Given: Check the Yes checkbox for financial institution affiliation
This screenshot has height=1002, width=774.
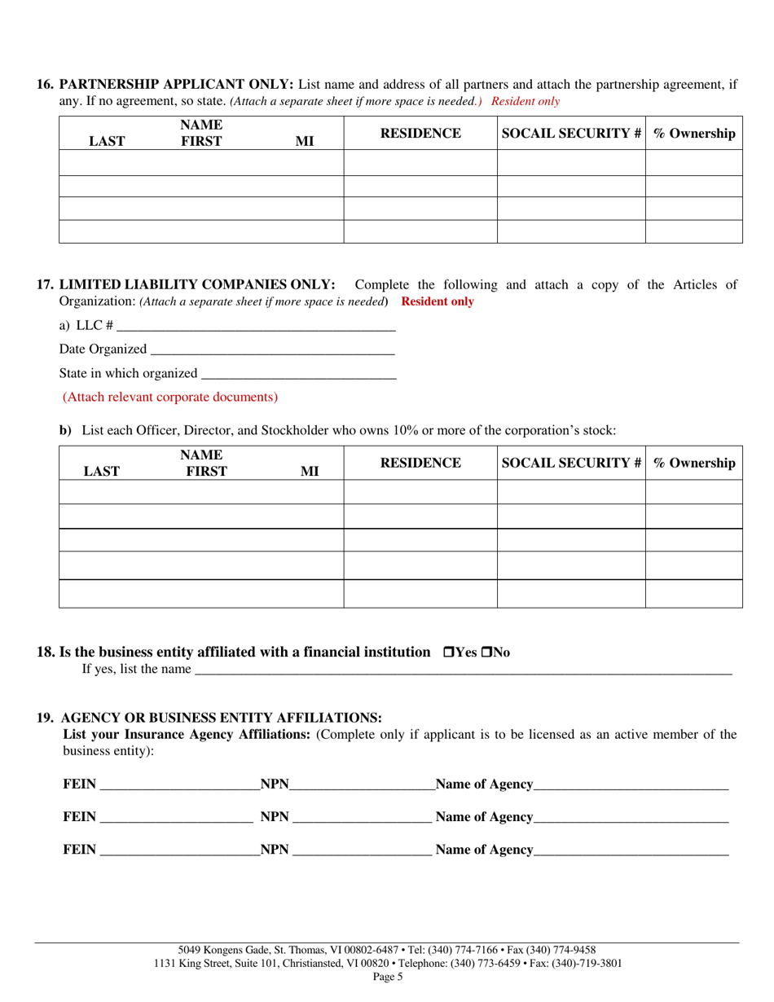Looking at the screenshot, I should (448, 653).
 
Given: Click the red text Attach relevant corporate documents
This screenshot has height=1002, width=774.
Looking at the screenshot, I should (170, 398).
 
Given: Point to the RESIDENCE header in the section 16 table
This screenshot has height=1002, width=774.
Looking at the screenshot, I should (420, 134).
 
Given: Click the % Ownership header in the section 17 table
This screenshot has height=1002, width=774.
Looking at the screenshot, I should (694, 463).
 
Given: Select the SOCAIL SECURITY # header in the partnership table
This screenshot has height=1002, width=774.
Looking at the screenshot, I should (571, 134).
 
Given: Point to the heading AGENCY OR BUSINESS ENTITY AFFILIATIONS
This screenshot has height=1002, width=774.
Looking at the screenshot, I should (222, 718).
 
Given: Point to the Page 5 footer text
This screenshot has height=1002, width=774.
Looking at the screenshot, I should (387, 978).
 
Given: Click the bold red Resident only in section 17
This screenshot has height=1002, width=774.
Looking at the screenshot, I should (438, 301).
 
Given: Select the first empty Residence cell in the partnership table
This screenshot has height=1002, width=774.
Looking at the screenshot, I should (420, 163).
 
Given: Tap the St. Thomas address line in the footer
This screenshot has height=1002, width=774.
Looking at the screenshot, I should (387, 950).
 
